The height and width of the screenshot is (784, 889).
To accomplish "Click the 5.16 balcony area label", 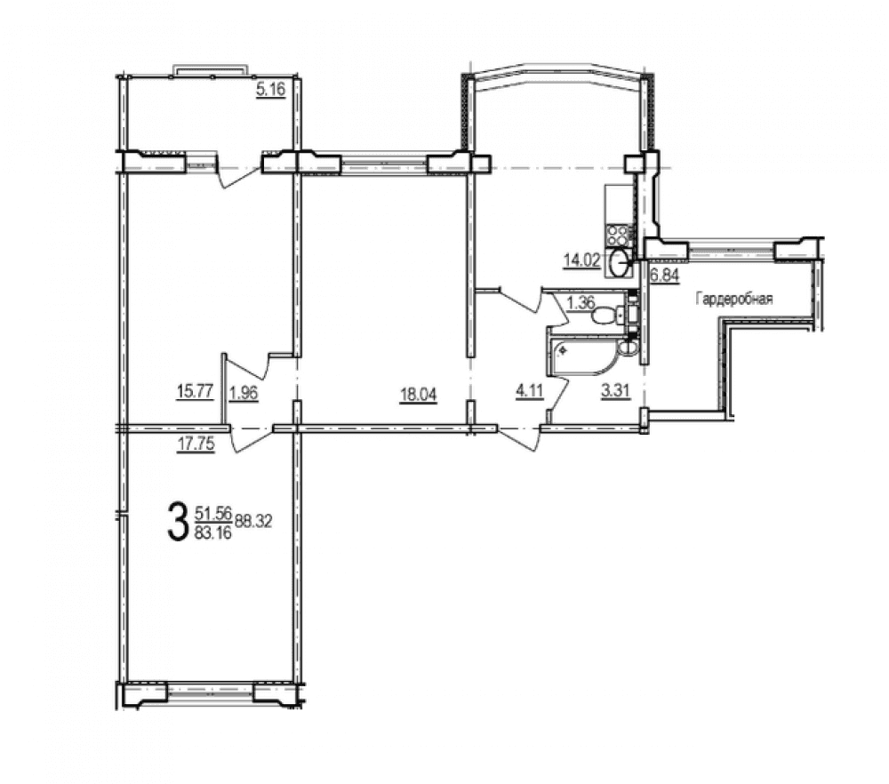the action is [270, 90].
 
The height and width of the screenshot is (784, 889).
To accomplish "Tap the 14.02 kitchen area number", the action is [581, 260].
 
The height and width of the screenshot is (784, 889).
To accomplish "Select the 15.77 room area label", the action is [195, 392].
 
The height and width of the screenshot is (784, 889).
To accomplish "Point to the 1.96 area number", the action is [244, 393].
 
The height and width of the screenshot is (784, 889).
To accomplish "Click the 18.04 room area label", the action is [419, 395].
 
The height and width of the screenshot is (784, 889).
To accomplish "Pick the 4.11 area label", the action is [529, 391].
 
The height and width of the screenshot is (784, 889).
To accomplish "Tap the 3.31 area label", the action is [616, 391].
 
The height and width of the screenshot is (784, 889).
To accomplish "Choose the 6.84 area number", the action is [665, 276].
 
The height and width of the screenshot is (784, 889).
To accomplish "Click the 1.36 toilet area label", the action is [581, 303].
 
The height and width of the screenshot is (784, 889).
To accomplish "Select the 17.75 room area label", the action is [196, 444].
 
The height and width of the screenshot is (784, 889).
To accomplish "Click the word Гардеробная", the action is [734, 299].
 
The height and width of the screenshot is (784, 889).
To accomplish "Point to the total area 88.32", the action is [253, 521].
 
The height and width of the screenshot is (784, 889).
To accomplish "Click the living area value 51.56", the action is [213, 513].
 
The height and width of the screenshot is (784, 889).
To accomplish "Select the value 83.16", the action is [213, 532].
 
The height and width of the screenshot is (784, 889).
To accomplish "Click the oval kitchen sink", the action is [621, 263].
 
